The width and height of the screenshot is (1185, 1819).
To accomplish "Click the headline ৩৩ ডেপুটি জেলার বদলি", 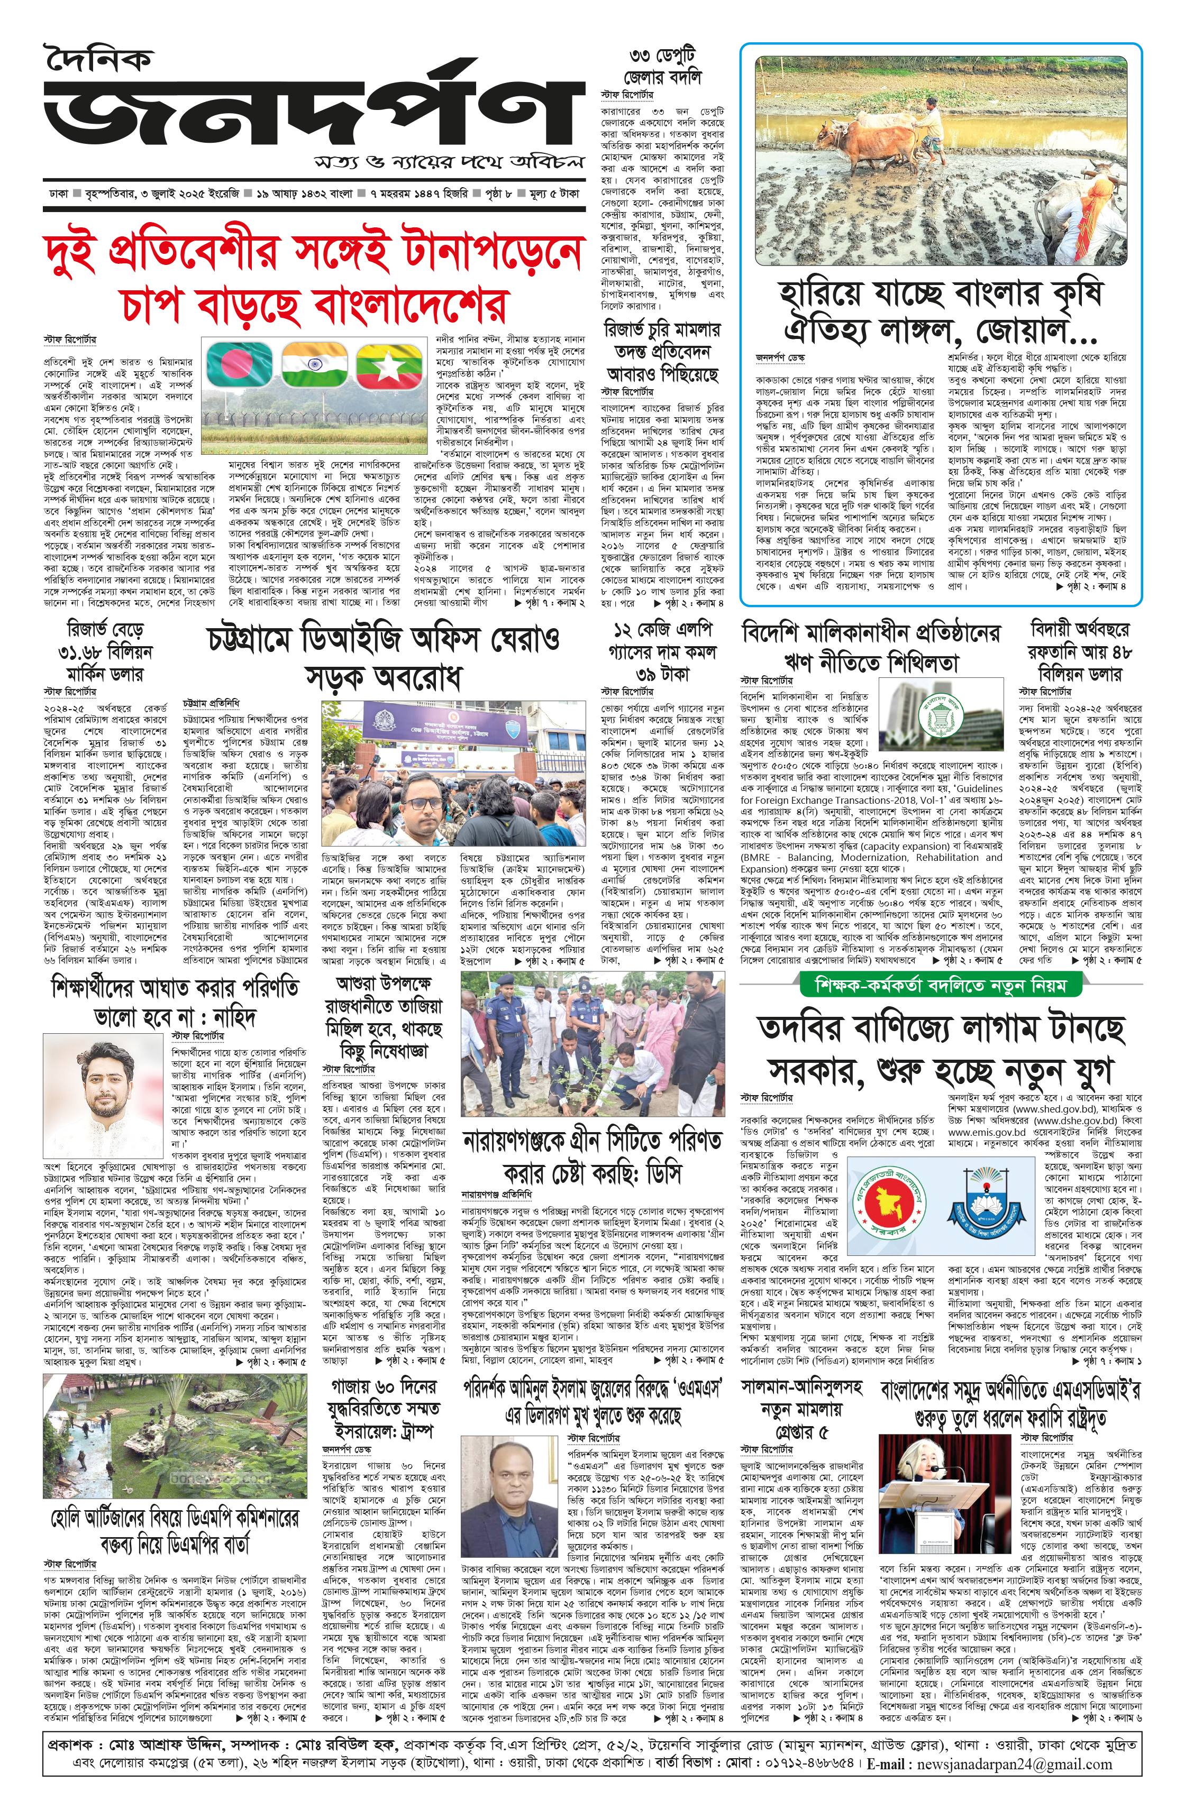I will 663,66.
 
